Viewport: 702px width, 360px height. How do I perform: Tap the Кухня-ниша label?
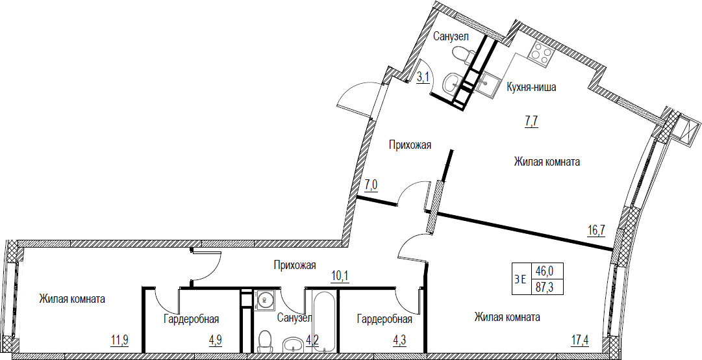tap(531, 87)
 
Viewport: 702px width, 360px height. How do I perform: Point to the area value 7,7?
tap(531, 121)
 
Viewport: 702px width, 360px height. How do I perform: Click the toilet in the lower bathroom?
tap(266, 341)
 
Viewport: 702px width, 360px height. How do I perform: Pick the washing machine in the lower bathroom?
tap(264, 300)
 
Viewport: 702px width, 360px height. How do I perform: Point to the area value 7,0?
tap(371, 185)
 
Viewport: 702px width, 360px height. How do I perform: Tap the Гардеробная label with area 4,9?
tap(191, 319)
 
